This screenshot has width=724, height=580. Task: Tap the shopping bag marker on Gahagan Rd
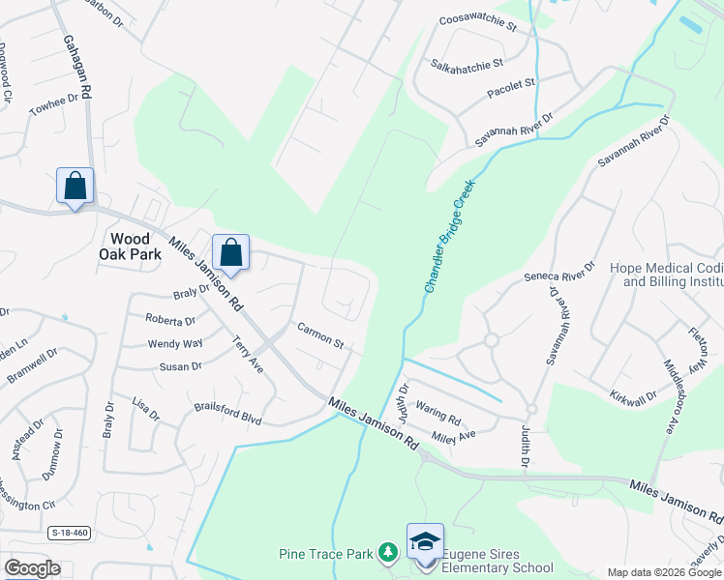75,186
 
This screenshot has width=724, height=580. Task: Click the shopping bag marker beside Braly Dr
231,253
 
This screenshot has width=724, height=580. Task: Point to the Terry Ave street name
248,355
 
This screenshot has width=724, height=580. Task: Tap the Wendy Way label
175,343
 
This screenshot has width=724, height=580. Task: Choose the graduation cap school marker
426,541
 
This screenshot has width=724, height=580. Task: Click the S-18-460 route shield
68,532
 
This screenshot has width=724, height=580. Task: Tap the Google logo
32,568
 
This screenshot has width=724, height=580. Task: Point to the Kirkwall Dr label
633,395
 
